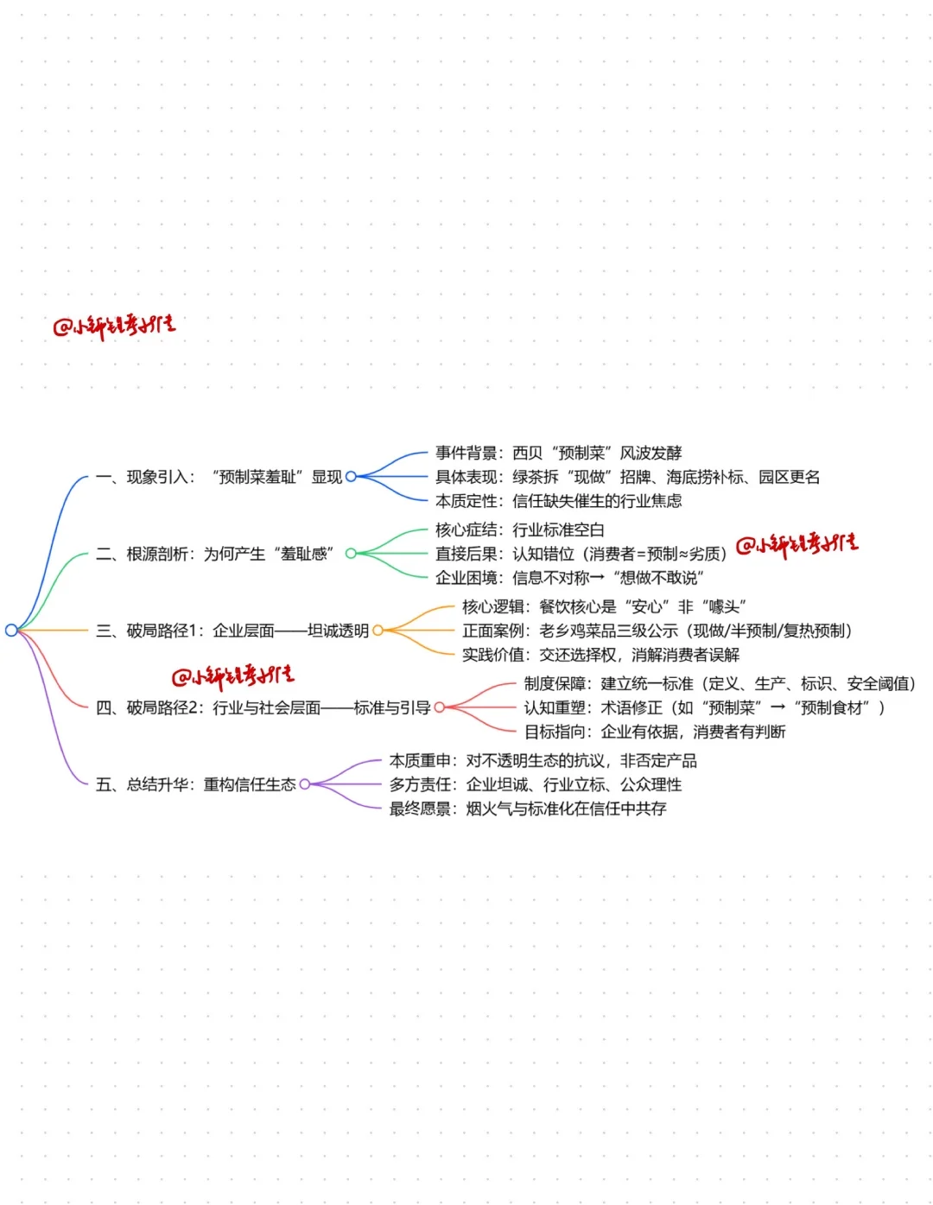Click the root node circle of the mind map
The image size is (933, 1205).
click(x=11, y=630)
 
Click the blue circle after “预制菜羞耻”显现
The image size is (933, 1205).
click(x=351, y=476)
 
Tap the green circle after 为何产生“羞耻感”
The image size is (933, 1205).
click(x=351, y=553)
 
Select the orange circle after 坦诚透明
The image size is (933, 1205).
click(x=378, y=631)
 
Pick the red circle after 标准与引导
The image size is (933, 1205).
click(x=439, y=707)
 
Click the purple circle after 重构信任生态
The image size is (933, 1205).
click(x=304, y=784)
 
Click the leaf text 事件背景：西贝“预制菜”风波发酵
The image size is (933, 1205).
click(x=558, y=453)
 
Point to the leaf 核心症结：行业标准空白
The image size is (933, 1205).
click(x=519, y=530)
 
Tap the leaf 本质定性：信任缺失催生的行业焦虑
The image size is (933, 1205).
click(x=558, y=500)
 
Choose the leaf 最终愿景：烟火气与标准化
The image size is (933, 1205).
click(x=527, y=809)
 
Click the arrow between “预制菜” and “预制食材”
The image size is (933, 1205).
click(x=777, y=707)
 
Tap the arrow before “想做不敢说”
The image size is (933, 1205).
click(x=597, y=578)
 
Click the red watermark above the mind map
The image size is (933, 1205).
click(x=115, y=327)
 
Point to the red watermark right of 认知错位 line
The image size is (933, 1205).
click(x=797, y=544)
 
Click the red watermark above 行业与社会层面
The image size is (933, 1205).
click(x=232, y=676)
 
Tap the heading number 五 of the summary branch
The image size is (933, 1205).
click(x=104, y=784)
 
